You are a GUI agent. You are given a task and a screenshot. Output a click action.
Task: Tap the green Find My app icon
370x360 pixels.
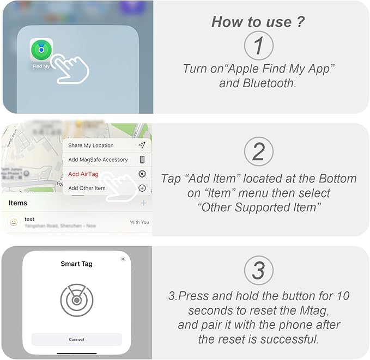(x=41, y=50)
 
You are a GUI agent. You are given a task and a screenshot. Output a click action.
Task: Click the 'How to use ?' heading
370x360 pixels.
(x=258, y=22)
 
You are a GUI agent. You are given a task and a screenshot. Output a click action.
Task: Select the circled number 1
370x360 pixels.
(x=258, y=46)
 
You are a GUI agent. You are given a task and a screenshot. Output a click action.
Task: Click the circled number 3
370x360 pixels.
(x=258, y=271)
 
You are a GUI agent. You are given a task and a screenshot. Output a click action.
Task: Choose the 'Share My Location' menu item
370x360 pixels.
(x=90, y=145)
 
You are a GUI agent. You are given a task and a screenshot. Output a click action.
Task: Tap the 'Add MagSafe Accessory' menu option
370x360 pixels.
(x=98, y=160)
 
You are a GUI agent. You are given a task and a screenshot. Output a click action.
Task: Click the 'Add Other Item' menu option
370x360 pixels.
(x=87, y=188)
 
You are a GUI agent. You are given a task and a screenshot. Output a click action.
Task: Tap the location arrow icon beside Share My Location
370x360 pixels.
(x=142, y=145)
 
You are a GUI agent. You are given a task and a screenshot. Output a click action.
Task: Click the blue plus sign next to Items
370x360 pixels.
(x=143, y=203)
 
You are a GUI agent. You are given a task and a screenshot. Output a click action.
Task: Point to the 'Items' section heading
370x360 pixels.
(x=18, y=203)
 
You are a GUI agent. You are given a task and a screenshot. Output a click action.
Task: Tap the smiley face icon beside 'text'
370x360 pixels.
(x=14, y=222)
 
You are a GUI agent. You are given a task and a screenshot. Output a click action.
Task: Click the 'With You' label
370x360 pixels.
(x=139, y=222)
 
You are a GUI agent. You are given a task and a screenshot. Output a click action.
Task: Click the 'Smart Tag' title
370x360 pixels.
(x=76, y=264)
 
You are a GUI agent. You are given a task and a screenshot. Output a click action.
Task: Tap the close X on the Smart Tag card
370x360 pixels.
(x=123, y=259)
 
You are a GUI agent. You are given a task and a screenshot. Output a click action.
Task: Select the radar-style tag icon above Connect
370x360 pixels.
(x=76, y=300)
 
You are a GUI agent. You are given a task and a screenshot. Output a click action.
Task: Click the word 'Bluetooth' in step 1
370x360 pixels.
(x=272, y=84)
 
